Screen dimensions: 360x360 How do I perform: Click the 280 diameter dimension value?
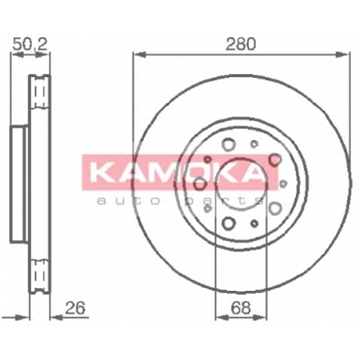tap(240, 44)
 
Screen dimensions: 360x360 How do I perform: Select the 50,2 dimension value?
tap(30, 44)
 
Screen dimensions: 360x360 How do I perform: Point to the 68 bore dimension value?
tap(241, 307)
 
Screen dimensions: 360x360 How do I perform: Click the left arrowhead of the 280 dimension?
tap(140, 55)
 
